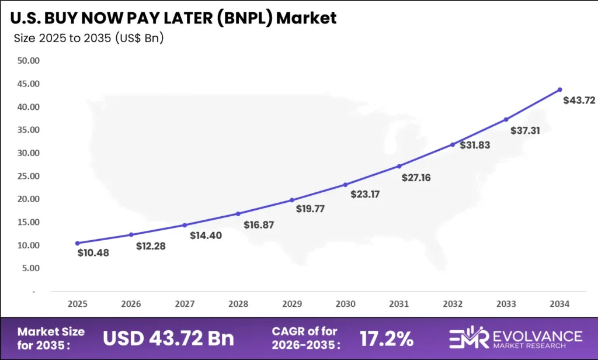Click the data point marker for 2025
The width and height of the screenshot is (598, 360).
[x=78, y=243]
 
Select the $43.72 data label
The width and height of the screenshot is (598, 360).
[x=579, y=101]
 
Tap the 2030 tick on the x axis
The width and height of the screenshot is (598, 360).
[x=345, y=304]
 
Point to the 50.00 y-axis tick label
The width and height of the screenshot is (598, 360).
[x=28, y=61]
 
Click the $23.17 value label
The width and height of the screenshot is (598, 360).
[x=365, y=194]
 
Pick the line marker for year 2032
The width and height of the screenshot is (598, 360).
[x=453, y=144]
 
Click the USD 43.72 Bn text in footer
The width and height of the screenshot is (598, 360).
[x=169, y=338]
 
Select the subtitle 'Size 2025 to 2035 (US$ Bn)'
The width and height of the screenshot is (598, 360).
[x=88, y=39]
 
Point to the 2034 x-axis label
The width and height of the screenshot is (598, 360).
[x=559, y=304]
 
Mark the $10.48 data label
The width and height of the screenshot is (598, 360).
[x=93, y=253]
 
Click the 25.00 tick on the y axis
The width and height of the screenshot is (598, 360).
[x=28, y=176]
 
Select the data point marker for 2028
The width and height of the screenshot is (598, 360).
[x=238, y=214]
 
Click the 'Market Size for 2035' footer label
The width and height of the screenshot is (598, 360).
[x=51, y=338]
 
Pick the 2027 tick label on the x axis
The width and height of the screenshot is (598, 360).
[x=185, y=304]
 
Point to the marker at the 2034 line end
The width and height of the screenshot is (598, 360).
[x=559, y=89]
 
